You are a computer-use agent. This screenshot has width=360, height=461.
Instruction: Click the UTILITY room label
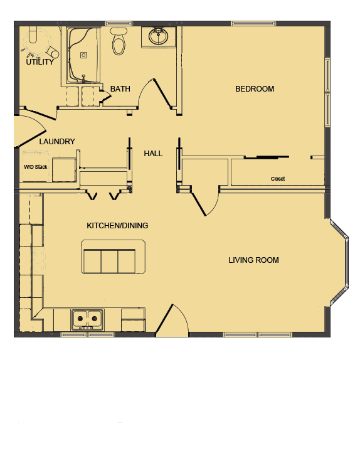[40, 62]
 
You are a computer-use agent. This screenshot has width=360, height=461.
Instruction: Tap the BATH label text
[120, 89]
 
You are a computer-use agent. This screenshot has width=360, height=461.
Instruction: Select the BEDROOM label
[255, 89]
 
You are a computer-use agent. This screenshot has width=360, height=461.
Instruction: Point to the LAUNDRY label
[57, 142]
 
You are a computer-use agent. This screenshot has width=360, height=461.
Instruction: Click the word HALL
[153, 153]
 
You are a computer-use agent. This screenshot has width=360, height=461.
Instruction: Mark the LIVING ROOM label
[253, 260]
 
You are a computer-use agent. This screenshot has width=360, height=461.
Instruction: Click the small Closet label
[278, 179]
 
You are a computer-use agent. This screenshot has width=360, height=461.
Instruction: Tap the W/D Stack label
[36, 167]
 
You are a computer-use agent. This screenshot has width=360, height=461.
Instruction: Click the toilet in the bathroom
[118, 41]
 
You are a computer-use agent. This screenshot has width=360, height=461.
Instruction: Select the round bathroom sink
[159, 36]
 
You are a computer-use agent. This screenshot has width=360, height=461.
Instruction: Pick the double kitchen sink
[87, 319]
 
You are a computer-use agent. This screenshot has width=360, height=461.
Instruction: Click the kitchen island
[109, 257]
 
